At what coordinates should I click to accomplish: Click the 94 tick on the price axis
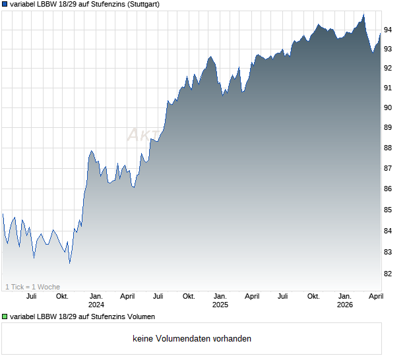point(389,30)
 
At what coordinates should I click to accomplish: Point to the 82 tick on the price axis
point(389,274)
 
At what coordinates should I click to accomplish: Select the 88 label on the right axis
point(389,148)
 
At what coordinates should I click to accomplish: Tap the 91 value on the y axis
point(389,88)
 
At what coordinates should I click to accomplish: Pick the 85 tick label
point(389,210)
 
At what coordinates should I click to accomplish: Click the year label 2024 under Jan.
point(96,305)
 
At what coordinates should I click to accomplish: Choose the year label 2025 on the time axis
point(220,305)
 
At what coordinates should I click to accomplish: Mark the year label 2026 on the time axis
point(344,305)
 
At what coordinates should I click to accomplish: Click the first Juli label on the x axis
point(31,296)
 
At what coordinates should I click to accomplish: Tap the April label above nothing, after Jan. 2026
point(375,296)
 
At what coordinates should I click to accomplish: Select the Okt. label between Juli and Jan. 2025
point(189,296)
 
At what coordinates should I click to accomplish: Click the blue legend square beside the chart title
point(5,4)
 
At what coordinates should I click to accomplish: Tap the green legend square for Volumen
point(5,317)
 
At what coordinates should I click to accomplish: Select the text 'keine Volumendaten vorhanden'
point(192,339)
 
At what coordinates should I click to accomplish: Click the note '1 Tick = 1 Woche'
point(33,287)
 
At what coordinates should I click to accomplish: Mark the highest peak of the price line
point(363,14)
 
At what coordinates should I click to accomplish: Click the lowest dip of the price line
point(69,263)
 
